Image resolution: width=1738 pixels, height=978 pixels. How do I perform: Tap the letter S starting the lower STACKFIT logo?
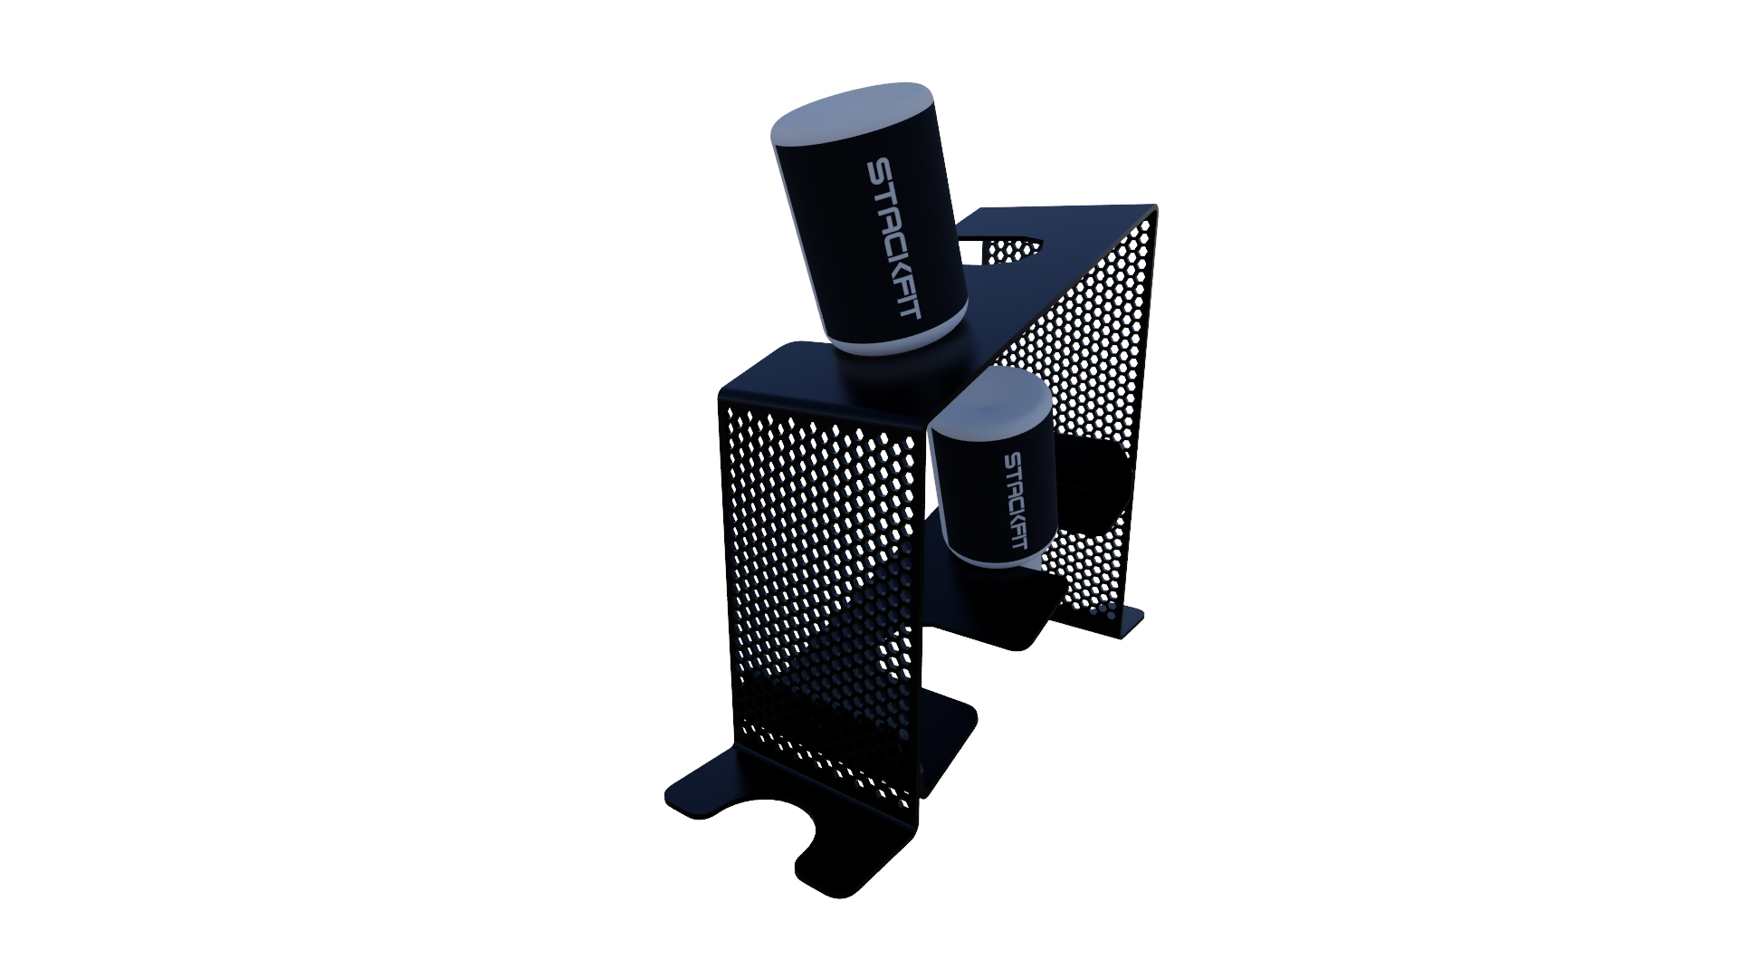pos(1012,459)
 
